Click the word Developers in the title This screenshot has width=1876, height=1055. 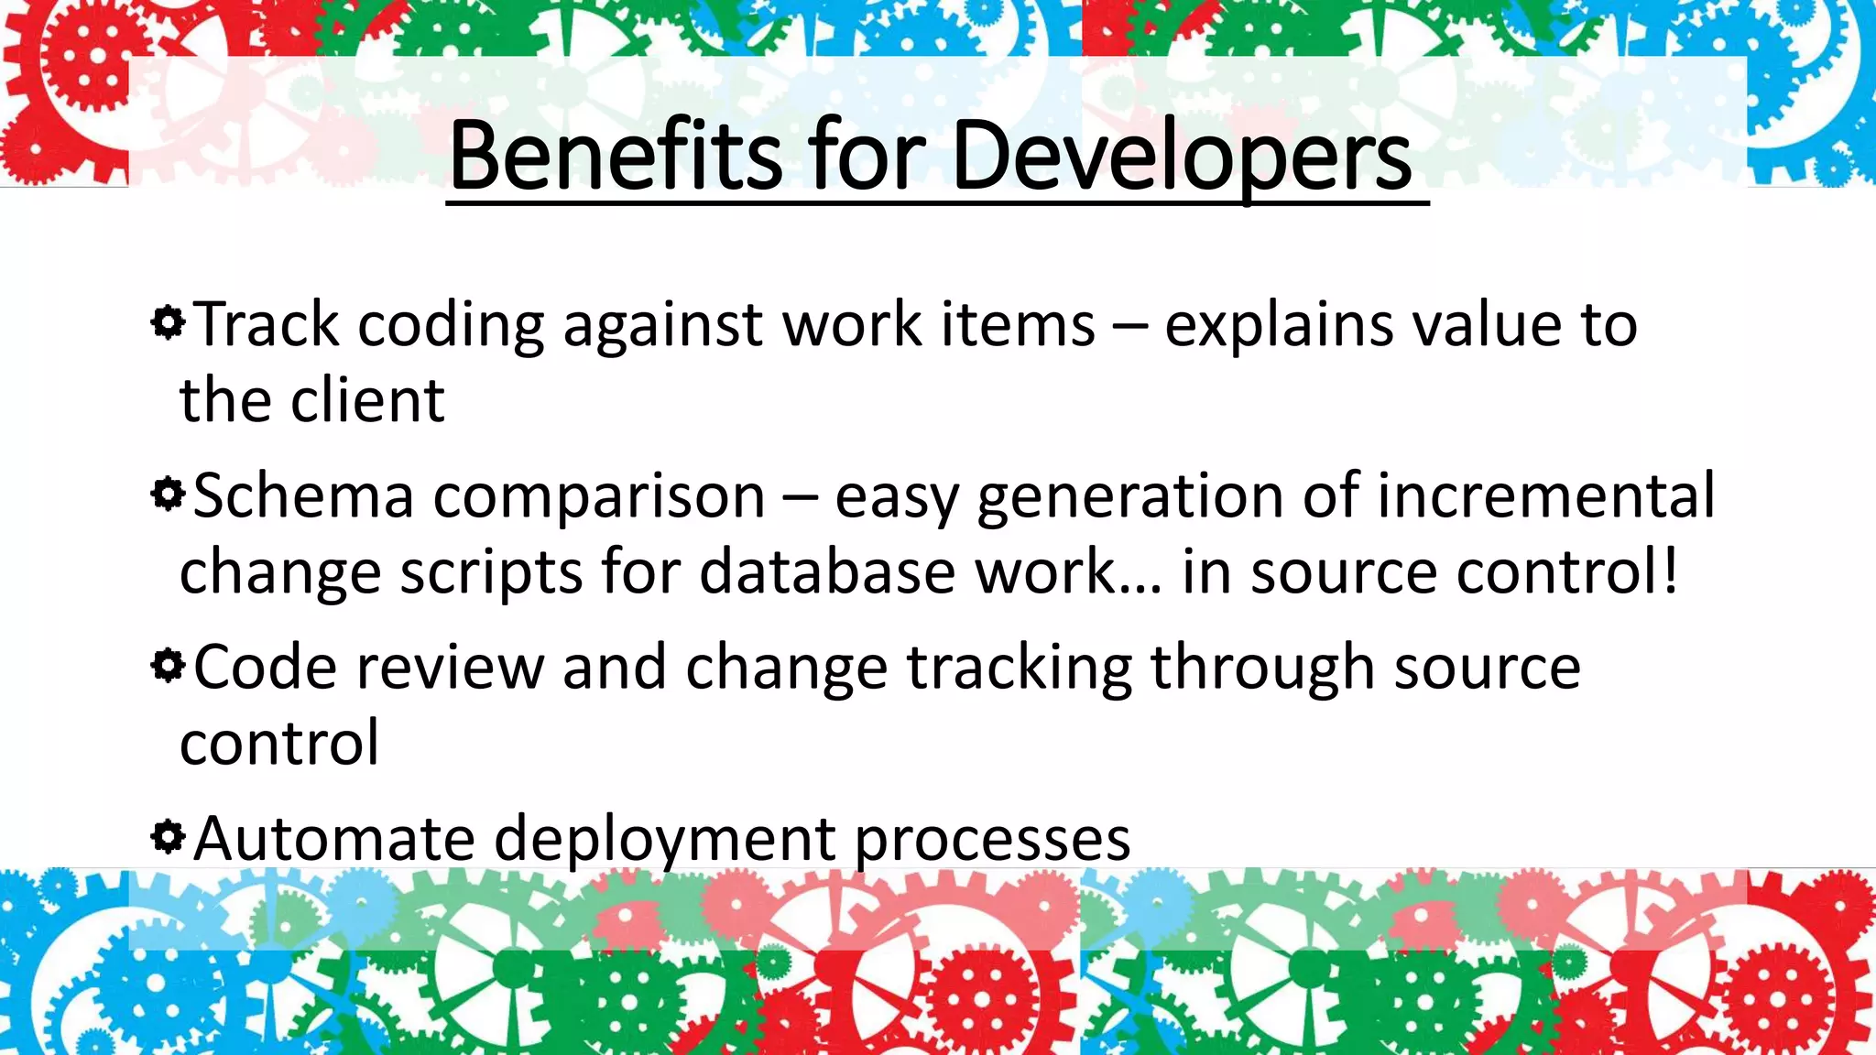click(x=1182, y=156)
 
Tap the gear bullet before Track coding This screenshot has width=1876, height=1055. click(x=169, y=322)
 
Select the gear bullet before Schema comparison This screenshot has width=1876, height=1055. click(x=169, y=495)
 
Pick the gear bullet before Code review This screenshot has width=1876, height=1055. click(x=169, y=666)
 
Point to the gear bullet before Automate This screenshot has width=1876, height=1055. click(x=169, y=836)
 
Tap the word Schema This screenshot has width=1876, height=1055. click(x=303, y=495)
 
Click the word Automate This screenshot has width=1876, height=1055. click(x=334, y=838)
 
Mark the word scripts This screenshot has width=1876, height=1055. click(x=491, y=573)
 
